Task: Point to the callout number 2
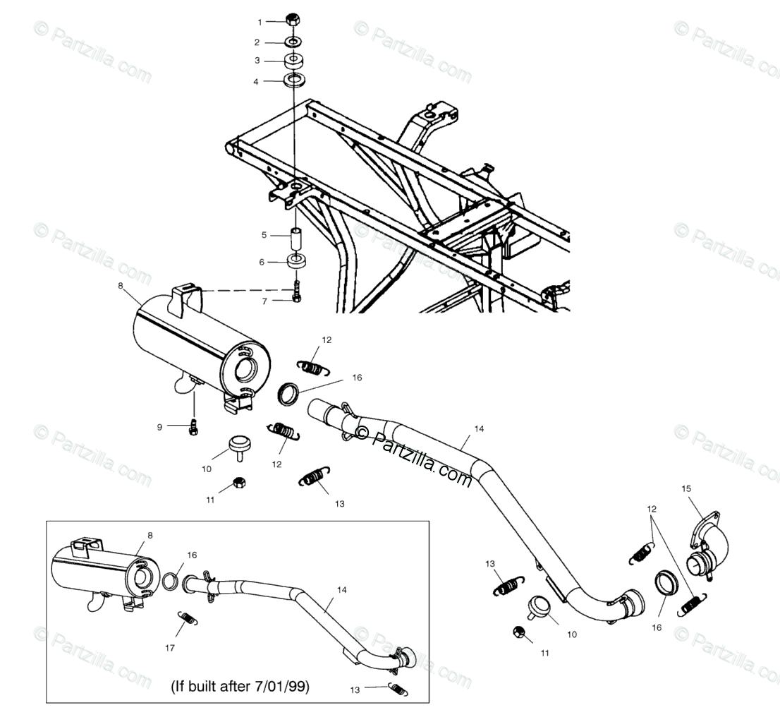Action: coord(257,42)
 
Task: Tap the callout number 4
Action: coord(256,82)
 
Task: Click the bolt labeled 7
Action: coord(296,291)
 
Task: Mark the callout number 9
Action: coord(159,426)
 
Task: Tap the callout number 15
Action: coord(687,488)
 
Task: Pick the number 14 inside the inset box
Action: coord(341,589)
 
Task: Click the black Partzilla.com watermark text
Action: coord(416,459)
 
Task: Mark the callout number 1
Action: coord(259,22)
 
